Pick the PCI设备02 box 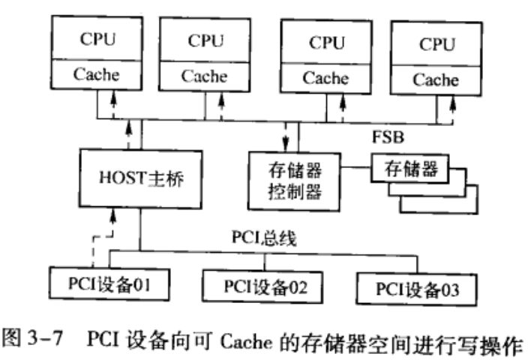coord(254,286)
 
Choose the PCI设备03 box coord(416,288)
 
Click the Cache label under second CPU coord(204,76)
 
